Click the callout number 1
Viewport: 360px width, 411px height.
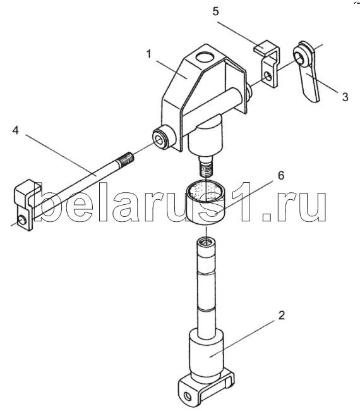(148, 54)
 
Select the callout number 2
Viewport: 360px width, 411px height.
(281, 315)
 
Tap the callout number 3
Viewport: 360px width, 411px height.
(345, 97)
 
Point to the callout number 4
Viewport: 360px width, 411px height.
(16, 130)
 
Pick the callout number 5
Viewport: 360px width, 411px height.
(215, 11)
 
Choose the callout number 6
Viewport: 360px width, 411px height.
(280, 175)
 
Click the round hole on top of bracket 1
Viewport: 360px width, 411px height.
(205, 57)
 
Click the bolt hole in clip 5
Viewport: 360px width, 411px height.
(268, 76)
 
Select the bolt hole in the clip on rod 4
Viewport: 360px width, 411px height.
(21, 221)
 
